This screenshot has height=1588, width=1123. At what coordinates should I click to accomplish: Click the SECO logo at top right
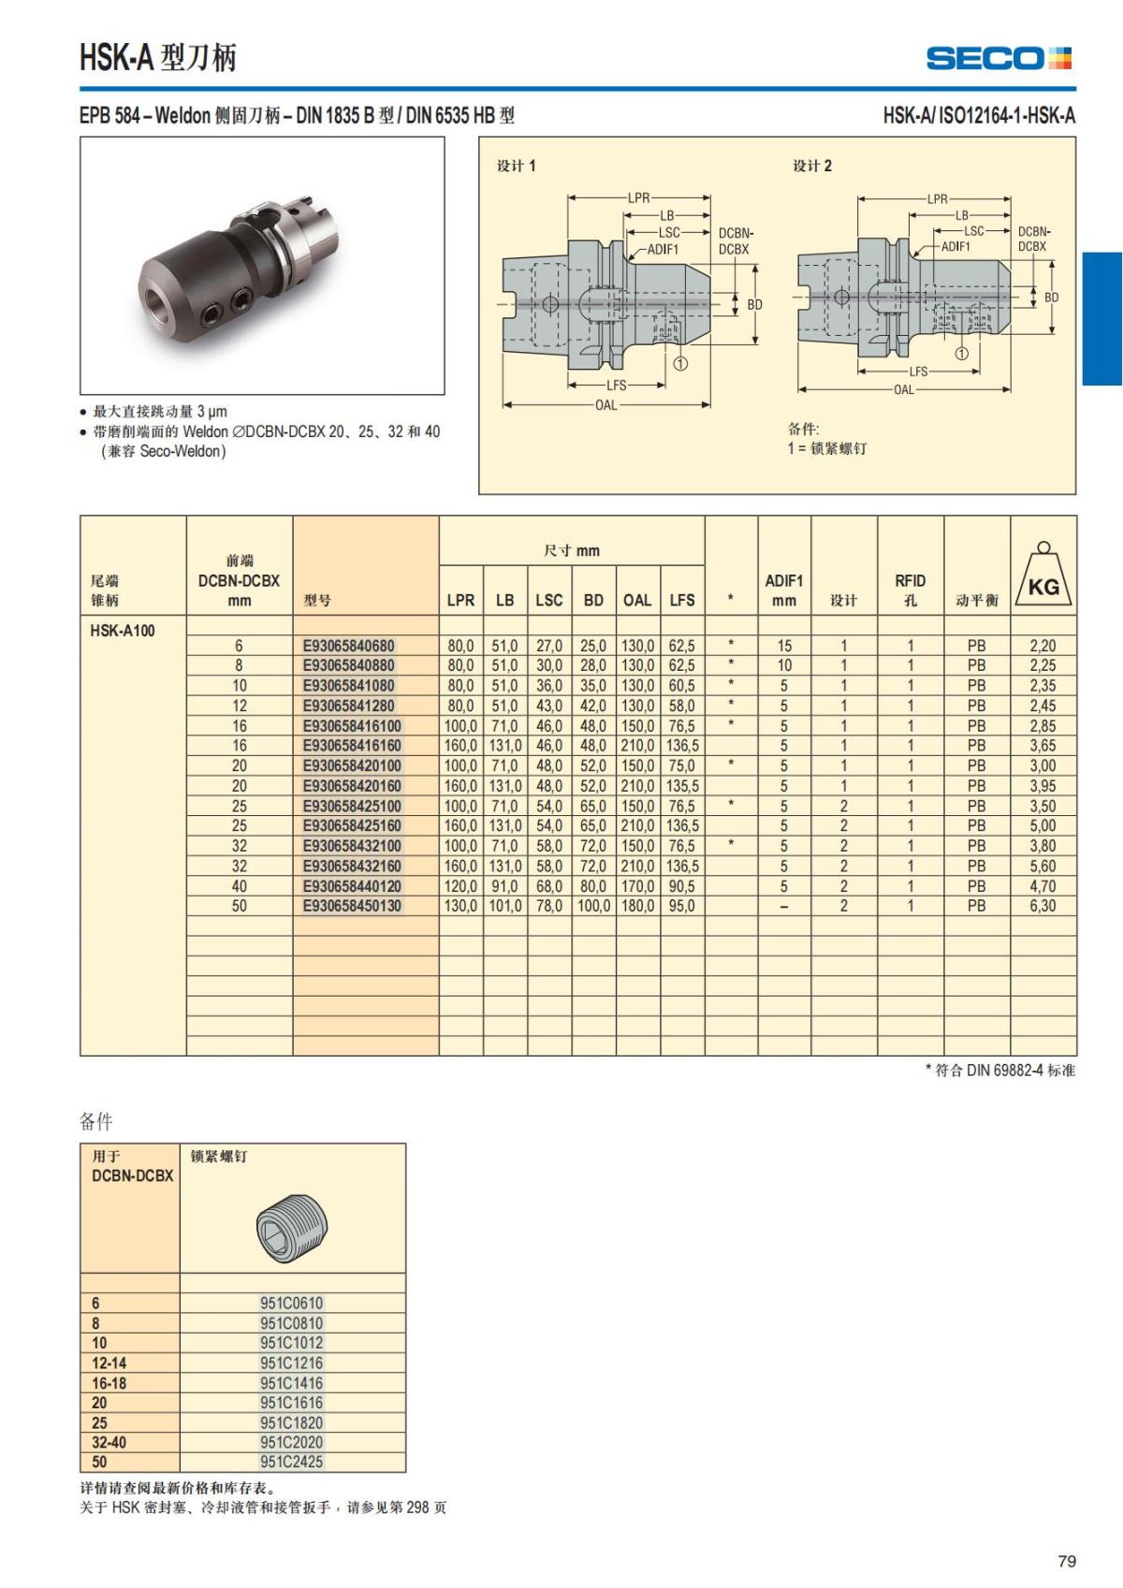click(x=999, y=58)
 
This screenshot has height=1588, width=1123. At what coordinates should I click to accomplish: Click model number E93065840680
click(x=349, y=646)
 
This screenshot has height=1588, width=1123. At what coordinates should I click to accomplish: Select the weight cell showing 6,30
click(x=1043, y=906)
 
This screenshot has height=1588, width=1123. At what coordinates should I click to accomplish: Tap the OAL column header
click(x=637, y=600)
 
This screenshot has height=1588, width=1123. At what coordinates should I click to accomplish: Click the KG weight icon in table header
click(x=1043, y=576)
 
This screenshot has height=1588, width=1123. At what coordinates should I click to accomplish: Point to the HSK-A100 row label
click(x=123, y=631)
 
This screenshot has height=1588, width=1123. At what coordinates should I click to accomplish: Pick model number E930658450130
click(x=353, y=906)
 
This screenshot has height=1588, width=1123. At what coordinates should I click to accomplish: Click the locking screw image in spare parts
click(x=291, y=1227)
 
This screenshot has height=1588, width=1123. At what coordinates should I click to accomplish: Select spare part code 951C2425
click(x=291, y=1462)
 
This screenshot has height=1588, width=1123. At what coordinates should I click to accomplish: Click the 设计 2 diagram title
click(x=812, y=166)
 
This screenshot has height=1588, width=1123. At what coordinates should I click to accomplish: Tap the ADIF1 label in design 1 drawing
click(x=663, y=250)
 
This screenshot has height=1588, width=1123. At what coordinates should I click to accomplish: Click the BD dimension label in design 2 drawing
click(x=1052, y=298)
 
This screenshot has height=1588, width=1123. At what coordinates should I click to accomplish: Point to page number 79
click(x=1066, y=1561)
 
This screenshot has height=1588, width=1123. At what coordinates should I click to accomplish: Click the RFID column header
click(x=910, y=590)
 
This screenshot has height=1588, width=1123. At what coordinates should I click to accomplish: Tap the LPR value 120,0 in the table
click(x=460, y=886)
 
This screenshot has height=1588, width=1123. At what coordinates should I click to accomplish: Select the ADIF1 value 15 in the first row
click(x=784, y=646)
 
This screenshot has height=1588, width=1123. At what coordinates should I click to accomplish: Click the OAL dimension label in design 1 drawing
click(x=605, y=405)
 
